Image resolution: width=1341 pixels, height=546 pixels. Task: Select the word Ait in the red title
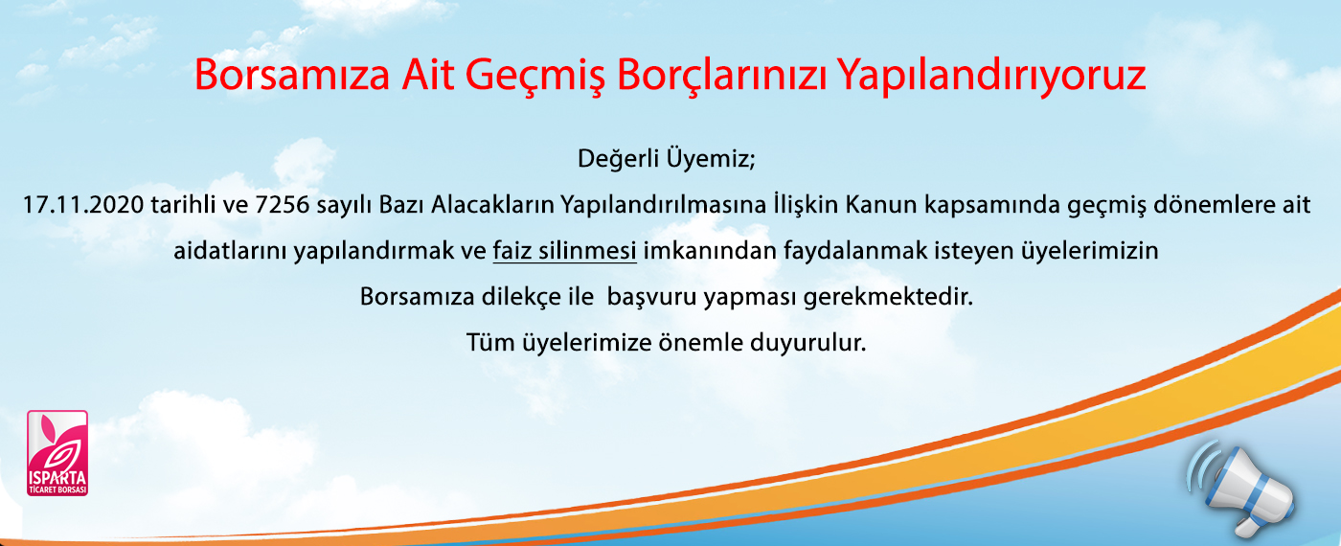pyautogui.click(x=427, y=75)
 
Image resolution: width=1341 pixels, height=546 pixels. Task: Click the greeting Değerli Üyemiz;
pyautogui.click(x=667, y=159)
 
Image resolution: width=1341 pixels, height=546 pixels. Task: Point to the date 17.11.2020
pyautogui.click(x=82, y=205)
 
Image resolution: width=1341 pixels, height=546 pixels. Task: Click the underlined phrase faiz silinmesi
pyautogui.click(x=564, y=251)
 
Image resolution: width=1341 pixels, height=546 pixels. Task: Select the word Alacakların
pyautogui.click(x=492, y=205)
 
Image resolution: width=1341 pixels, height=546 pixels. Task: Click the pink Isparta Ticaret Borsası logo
pyautogui.click(x=57, y=453)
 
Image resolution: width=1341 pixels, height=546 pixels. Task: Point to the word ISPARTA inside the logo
pyautogui.click(x=57, y=479)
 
